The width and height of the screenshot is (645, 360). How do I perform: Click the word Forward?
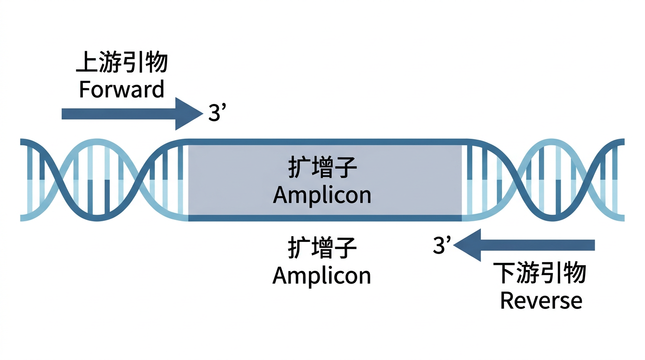(x=121, y=89)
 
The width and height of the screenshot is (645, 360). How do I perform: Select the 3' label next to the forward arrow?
(x=217, y=113)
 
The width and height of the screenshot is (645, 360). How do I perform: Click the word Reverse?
(x=541, y=300)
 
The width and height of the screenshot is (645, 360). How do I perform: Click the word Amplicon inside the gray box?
(x=322, y=195)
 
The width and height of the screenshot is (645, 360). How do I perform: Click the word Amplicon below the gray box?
(x=322, y=275)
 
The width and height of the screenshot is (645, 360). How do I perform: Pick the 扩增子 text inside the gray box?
(x=322, y=169)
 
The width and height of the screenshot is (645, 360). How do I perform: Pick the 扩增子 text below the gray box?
(x=322, y=249)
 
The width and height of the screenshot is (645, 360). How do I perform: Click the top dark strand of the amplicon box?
(x=323, y=142)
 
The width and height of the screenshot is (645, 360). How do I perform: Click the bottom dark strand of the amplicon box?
(x=323, y=218)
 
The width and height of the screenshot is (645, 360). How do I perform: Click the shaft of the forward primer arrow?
(x=117, y=114)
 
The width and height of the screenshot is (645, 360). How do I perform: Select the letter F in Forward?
(x=84, y=89)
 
